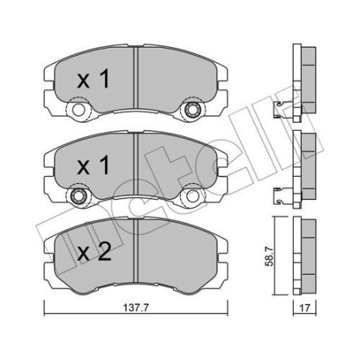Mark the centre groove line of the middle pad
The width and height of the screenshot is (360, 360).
137,163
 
